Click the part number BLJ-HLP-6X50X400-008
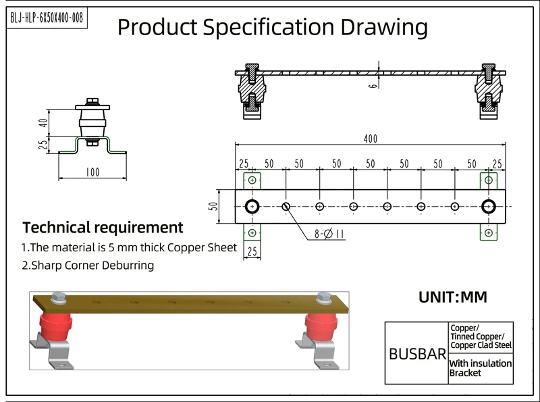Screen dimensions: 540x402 (x=47, y=18)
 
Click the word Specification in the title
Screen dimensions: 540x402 (x=269, y=27)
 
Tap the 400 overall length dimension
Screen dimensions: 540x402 (x=371, y=139)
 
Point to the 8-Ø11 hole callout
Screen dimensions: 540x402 (x=329, y=234)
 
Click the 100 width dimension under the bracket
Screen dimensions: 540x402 (x=92, y=172)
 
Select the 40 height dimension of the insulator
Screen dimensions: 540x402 (x=43, y=123)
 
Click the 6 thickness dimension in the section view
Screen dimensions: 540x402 (x=373, y=84)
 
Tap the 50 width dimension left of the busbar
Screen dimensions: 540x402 (x=213, y=206)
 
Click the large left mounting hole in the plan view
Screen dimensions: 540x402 (x=252, y=207)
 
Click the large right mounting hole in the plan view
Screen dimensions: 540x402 (x=488, y=207)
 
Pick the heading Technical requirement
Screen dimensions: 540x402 (x=103, y=228)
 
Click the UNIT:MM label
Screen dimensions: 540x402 (x=453, y=297)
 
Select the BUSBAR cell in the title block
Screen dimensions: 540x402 (x=417, y=354)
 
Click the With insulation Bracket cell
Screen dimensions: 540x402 (x=481, y=368)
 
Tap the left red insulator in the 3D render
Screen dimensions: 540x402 (x=55, y=326)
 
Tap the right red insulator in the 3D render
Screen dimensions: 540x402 (x=321, y=326)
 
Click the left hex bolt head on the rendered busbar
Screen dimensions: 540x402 (x=59, y=297)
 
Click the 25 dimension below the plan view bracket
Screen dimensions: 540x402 (x=252, y=251)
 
